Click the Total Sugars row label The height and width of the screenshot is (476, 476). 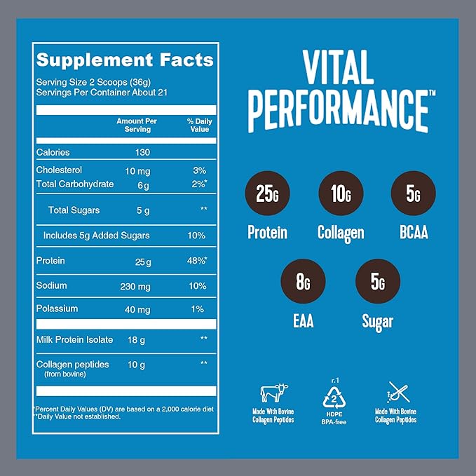tap(74, 210)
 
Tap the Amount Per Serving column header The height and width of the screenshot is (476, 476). tap(137, 125)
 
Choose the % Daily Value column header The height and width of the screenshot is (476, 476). tap(199, 125)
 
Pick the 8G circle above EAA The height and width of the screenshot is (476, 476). tap(304, 283)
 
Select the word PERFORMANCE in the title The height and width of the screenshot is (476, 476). tap(338, 108)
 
